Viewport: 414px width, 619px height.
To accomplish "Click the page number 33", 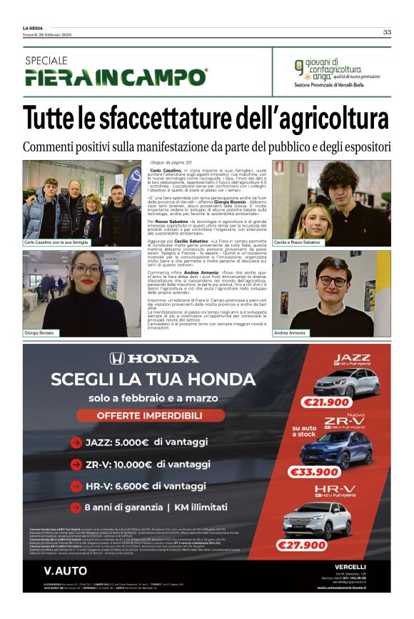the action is [386, 32].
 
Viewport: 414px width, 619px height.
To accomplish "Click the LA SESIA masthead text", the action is [34, 29].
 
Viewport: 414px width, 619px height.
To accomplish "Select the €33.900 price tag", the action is [314, 472].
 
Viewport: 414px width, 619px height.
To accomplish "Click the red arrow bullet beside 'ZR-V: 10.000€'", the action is [75, 465].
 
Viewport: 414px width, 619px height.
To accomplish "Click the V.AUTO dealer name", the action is [65, 570].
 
